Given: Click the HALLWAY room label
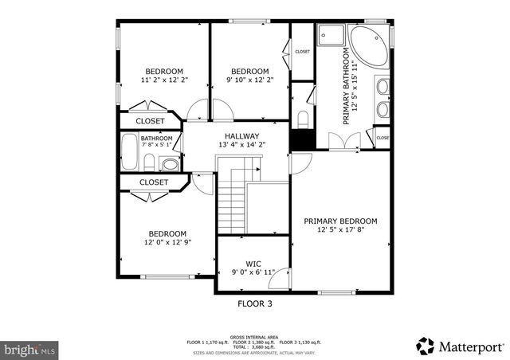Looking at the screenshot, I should pyautogui.click(x=245, y=136).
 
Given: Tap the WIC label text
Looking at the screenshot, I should pyautogui.click(x=253, y=263).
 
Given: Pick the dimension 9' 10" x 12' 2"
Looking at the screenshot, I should pyautogui.click(x=249, y=80).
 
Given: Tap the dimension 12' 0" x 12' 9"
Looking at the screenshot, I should pyautogui.click(x=167, y=242).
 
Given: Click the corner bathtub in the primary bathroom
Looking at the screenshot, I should pyautogui.click(x=369, y=46).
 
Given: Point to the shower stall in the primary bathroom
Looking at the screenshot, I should pyautogui.click(x=331, y=36).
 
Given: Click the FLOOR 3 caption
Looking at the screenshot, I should pyautogui.click(x=255, y=303).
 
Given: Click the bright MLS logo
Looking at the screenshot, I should pyautogui.click(x=30, y=349).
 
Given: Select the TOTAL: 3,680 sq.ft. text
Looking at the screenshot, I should pyautogui.click(x=254, y=346).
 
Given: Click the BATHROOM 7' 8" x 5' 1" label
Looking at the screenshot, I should pyautogui.click(x=157, y=141).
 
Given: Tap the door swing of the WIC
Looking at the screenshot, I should pyautogui.click(x=281, y=276).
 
